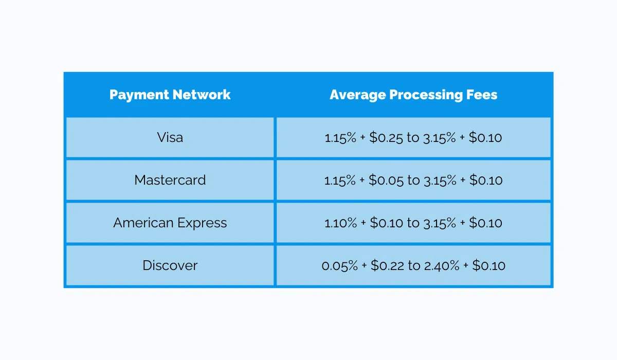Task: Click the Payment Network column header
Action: click(x=170, y=95)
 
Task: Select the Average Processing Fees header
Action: click(x=413, y=95)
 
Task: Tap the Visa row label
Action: click(x=170, y=137)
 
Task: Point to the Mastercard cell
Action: click(x=170, y=180)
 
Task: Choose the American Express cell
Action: click(x=170, y=223)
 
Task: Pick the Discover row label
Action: click(x=170, y=265)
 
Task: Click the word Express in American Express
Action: click(x=202, y=223)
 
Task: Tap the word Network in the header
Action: click(x=202, y=95)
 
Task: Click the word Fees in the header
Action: click(x=483, y=95)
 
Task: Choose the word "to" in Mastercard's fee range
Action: click(x=413, y=181)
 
